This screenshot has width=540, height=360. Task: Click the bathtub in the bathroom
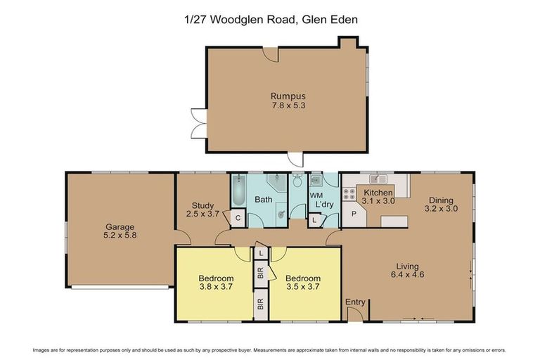pos(238,191)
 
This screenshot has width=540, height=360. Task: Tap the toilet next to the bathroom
pos(297,180)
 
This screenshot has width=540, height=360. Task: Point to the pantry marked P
pos(354,213)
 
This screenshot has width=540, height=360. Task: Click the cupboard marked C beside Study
pos(238,218)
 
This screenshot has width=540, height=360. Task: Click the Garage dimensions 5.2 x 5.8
pos(120,236)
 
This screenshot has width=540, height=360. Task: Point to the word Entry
pos(356,302)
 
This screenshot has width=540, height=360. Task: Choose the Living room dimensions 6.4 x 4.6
pos(407,276)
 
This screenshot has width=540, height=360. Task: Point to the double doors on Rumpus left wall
pos(197,124)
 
